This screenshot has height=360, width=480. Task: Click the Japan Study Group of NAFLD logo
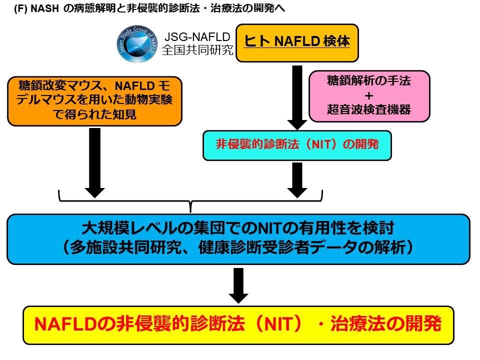136,43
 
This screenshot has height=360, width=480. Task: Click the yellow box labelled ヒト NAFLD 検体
297,42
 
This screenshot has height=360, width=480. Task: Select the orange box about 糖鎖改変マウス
95,100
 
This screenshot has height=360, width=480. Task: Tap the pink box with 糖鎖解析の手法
369,95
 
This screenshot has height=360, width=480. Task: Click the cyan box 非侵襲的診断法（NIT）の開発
297,145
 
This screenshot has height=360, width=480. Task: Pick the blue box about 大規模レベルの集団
238,238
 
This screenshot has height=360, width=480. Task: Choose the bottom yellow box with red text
238,325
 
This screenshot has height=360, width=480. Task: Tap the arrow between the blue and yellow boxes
238,285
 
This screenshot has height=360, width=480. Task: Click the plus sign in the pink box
369,95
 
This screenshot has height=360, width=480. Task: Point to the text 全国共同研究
197,50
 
